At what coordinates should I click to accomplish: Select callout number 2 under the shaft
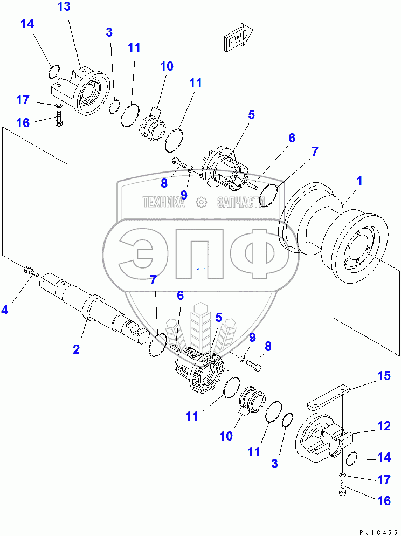(x=77, y=349)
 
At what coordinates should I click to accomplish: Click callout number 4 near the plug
(x=5, y=310)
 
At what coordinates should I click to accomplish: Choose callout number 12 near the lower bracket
(x=383, y=426)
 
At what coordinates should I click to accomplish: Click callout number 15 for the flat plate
(x=383, y=376)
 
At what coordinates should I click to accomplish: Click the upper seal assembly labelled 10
(x=151, y=130)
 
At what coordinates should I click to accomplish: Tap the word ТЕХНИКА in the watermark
(x=163, y=202)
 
